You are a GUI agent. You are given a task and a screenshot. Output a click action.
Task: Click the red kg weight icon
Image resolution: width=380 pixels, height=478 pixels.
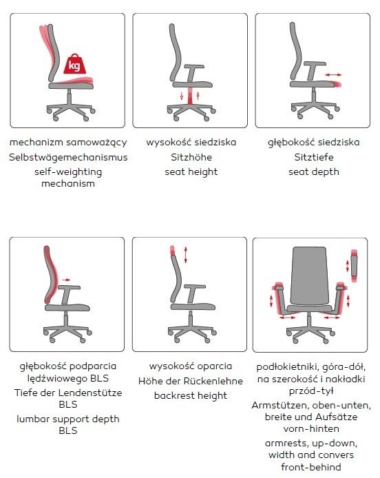point(74,64)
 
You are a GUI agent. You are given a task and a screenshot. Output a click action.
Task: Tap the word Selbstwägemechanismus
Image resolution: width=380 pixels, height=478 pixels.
point(68,157)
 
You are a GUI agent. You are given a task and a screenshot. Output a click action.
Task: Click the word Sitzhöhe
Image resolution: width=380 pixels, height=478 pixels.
point(191,157)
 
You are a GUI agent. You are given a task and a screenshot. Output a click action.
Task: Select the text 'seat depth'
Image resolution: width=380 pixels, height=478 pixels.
point(313,172)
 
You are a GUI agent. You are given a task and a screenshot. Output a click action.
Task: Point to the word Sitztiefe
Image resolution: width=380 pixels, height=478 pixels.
point(313,157)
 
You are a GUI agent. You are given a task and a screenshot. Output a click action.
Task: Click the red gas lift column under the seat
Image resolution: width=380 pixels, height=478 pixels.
point(190,96)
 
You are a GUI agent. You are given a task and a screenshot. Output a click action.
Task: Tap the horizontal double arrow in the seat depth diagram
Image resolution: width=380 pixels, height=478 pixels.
point(333,74)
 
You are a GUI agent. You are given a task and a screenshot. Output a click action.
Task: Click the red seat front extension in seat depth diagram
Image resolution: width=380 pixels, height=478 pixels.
point(337,85)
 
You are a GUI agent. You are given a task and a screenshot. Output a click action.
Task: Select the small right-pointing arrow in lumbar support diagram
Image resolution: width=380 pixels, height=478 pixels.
point(66,280)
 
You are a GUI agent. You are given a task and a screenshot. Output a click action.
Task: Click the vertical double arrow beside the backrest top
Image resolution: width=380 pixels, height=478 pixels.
point(186,255)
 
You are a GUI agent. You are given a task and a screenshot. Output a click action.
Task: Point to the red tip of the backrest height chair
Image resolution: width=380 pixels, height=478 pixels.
point(173,250)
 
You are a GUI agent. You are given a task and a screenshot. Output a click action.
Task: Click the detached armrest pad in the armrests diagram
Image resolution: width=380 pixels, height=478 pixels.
point(354,266)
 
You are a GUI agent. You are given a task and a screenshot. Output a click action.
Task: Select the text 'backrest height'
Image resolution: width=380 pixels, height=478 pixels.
point(191,395)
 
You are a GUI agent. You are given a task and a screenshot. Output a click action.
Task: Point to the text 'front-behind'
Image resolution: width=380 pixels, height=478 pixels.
point(311,467)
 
